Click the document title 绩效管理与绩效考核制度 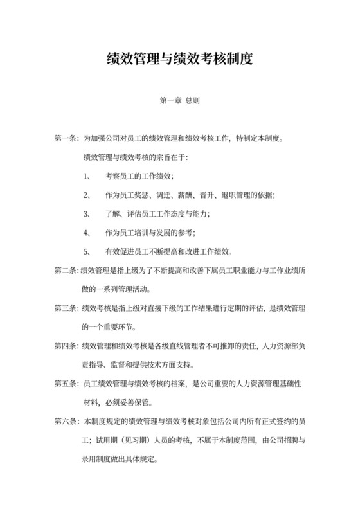point(179,60)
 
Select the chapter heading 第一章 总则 point(180,101)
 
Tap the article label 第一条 point(66,139)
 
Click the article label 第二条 point(66,271)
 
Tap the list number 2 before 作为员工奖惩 point(87,195)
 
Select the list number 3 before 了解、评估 point(87,214)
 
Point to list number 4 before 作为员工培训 point(87,233)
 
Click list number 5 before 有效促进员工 point(87,251)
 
